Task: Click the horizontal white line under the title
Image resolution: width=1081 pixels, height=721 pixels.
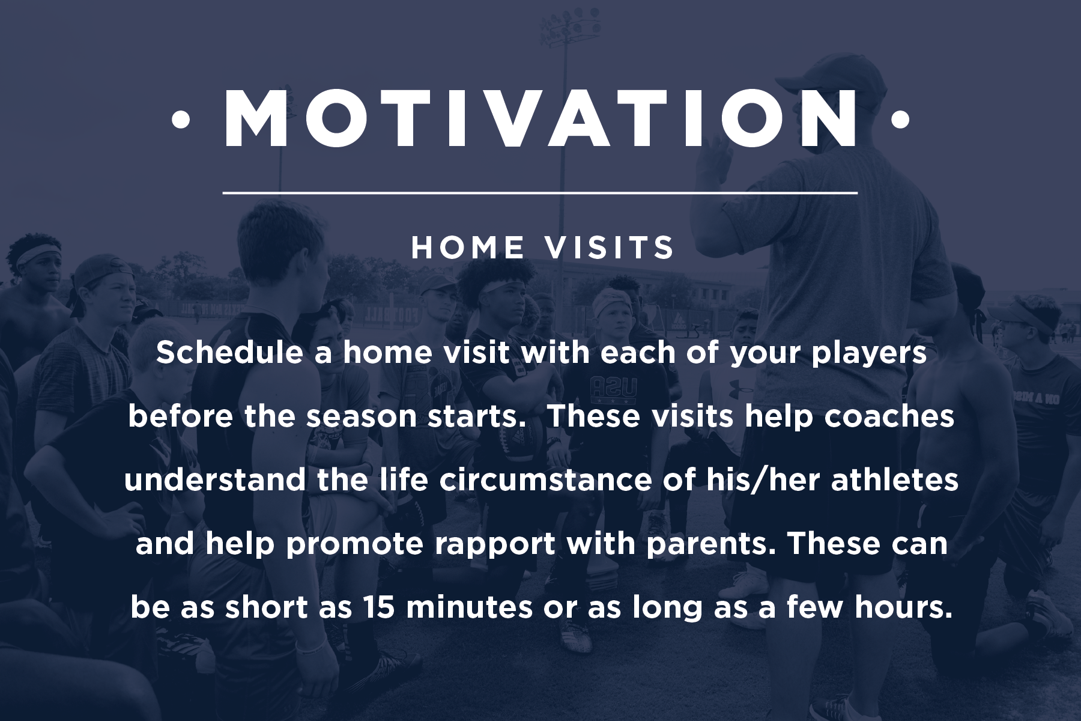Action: [x=540, y=193]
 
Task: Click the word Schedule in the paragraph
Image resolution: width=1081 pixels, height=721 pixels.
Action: [x=229, y=353]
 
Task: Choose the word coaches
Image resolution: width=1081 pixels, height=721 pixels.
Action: [x=889, y=416]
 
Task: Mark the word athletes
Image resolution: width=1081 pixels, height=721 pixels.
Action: [x=895, y=481]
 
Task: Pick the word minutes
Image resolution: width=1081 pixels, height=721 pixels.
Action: [x=469, y=608]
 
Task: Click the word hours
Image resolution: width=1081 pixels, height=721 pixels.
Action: [x=904, y=608]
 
